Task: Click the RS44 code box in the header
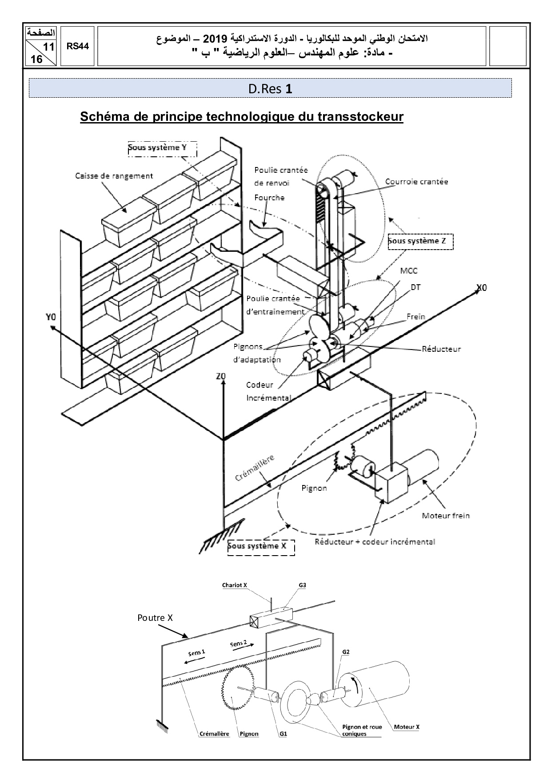tap(78, 46)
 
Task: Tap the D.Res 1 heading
tap(270, 89)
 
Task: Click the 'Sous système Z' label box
tap(420, 241)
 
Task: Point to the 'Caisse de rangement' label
tap(114, 176)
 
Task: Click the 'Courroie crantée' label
tap(416, 181)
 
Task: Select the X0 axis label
tap(481, 288)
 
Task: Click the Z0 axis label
tap(220, 376)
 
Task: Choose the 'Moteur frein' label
tap(445, 516)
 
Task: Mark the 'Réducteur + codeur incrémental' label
tap(375, 541)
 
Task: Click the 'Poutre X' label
tap(155, 618)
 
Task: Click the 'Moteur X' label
tap(407, 727)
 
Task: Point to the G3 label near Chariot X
tap(302, 585)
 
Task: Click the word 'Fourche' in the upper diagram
tap(269, 198)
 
